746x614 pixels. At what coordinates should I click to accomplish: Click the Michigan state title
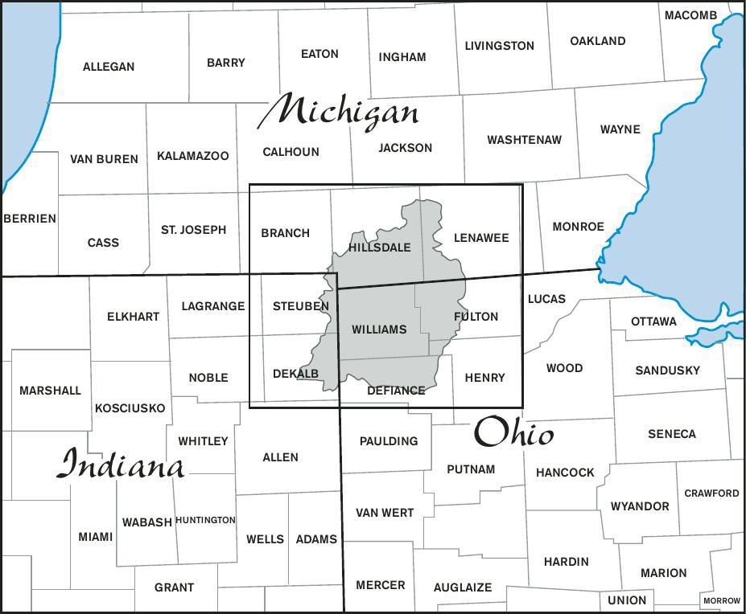click(x=338, y=112)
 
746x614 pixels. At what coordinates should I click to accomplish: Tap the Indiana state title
click(x=122, y=465)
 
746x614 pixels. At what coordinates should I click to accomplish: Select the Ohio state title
click(x=513, y=434)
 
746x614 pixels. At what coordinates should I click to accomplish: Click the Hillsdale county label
click(x=380, y=248)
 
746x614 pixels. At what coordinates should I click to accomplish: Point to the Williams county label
click(x=379, y=330)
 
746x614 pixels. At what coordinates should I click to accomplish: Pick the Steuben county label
click(x=301, y=306)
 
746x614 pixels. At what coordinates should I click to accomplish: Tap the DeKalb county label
click(x=295, y=374)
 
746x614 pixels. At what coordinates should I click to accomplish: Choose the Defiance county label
click(x=396, y=391)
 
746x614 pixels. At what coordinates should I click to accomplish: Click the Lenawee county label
click(x=481, y=238)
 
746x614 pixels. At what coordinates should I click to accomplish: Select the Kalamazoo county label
click(x=193, y=156)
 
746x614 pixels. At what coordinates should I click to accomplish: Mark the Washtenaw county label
click(x=524, y=140)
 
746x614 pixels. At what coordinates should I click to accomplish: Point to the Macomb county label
click(x=690, y=15)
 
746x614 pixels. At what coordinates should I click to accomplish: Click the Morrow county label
click(x=721, y=600)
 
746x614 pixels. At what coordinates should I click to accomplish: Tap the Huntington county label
click(x=205, y=520)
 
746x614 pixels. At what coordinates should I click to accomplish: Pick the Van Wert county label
click(x=385, y=513)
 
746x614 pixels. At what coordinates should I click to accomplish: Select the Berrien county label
click(x=30, y=219)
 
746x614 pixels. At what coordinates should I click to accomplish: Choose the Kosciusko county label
click(x=130, y=408)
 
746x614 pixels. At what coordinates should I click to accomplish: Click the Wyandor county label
click(x=640, y=506)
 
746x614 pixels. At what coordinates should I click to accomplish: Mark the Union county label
click(x=627, y=600)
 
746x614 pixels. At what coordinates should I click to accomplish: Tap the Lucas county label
click(x=546, y=299)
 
